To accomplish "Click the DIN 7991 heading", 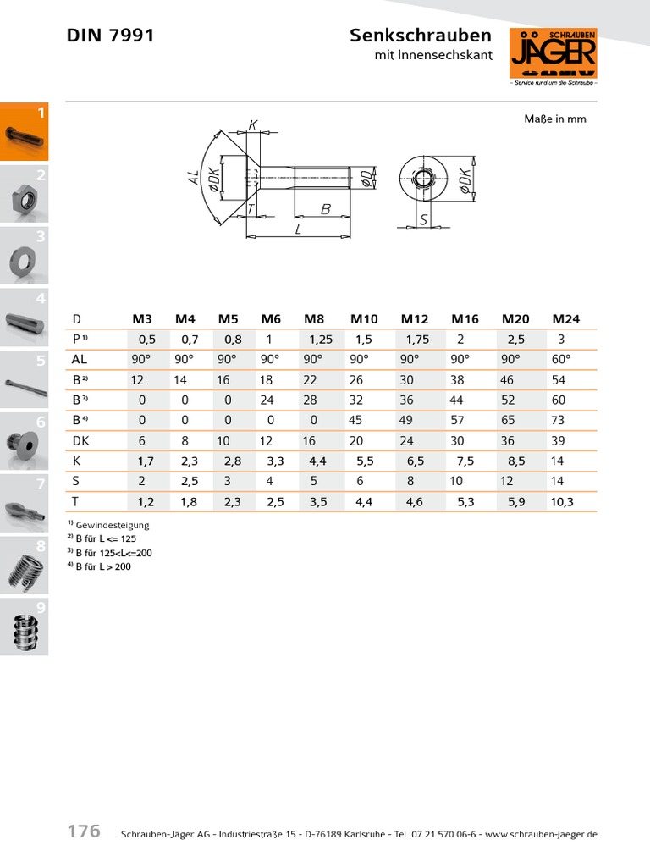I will (110, 36).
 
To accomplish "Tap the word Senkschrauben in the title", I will (420, 36).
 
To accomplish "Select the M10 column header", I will (364, 319).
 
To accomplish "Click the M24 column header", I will (566, 319).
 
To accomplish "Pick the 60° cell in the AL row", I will (561, 359).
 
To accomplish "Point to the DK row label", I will (81, 440).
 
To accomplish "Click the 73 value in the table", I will (559, 420).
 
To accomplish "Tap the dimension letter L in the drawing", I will (298, 229).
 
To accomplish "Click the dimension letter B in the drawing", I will (324, 207).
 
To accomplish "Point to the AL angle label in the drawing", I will (194, 178).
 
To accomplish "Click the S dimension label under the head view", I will (423, 218).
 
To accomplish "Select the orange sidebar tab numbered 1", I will (24, 131).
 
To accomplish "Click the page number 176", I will (84, 831).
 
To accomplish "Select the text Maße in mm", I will (555, 119).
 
